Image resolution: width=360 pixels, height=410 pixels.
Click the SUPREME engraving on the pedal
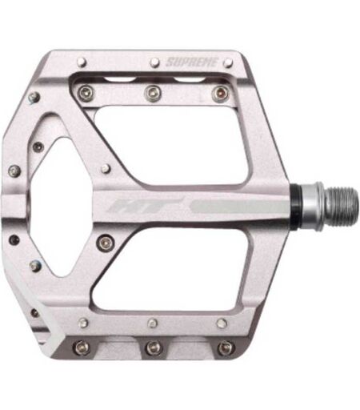pyautogui.click(x=192, y=62)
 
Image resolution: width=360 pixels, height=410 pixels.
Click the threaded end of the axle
pyautogui.click(x=342, y=205)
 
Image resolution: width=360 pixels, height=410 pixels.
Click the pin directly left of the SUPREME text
pyautogui.click(x=154, y=62)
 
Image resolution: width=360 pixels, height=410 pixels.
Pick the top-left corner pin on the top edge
pyautogui.click(x=82, y=62)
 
